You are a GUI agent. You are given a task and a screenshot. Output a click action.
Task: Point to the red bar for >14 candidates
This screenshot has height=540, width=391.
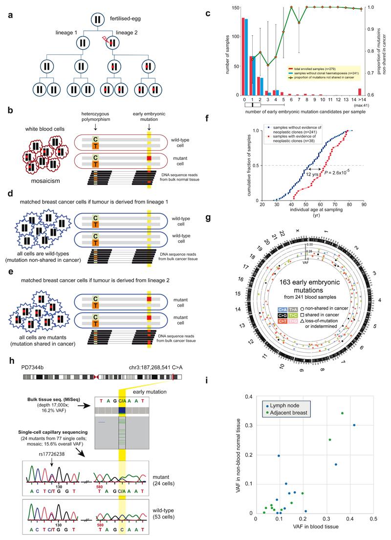(361, 91)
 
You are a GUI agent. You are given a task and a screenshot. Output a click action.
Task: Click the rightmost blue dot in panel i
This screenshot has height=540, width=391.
(354, 411)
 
